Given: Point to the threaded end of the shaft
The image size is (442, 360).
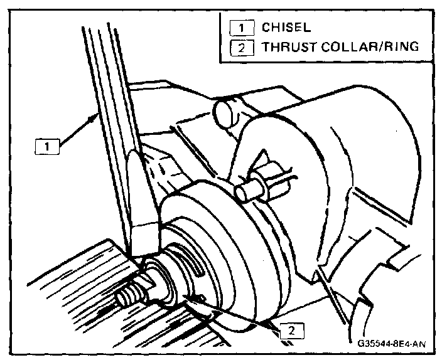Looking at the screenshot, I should coord(129,295).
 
